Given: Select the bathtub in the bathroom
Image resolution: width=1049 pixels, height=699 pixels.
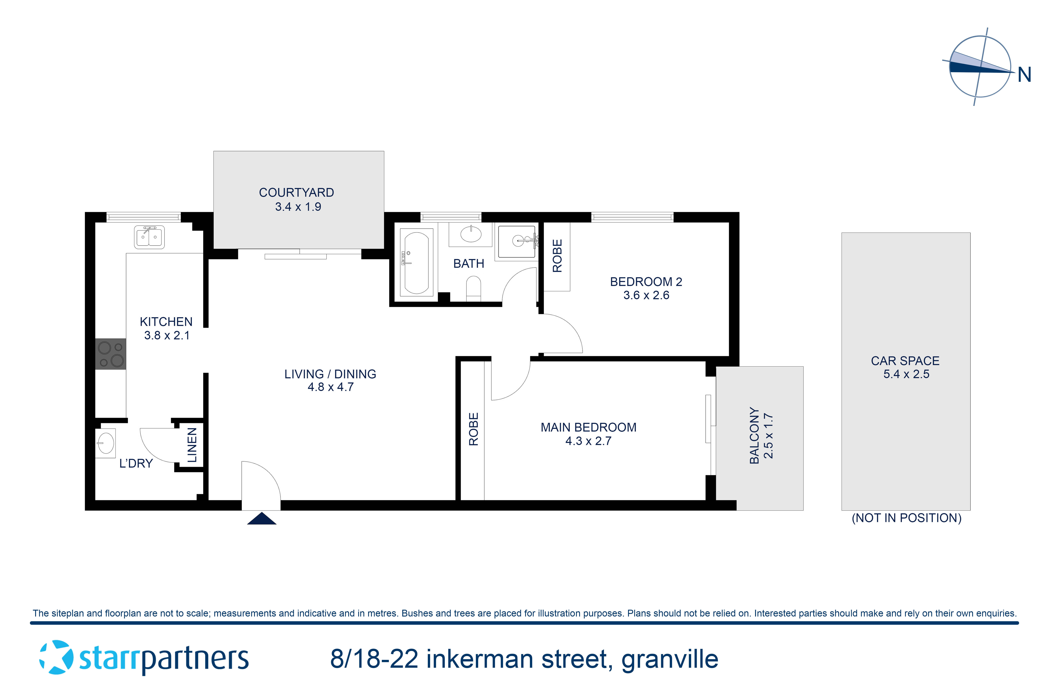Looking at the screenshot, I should tap(416, 262).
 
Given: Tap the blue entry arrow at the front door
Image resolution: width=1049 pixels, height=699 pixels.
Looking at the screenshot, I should tap(262, 519).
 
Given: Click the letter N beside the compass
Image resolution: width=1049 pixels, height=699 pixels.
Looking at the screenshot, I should tap(1025, 75).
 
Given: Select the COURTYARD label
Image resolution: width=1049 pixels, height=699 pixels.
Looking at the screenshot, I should tap(297, 193).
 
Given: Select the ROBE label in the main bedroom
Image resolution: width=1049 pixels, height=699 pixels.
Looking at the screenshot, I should tap(473, 429).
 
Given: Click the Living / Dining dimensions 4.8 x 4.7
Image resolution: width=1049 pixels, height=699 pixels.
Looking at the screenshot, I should tap(330, 387).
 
